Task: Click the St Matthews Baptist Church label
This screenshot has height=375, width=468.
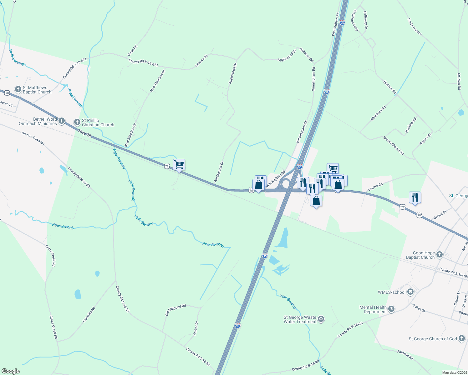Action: click(37, 90)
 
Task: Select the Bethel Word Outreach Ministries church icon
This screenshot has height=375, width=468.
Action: click(62, 121)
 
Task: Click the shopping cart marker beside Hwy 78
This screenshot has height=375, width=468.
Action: click(179, 165)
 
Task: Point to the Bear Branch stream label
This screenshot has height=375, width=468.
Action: click(63, 226)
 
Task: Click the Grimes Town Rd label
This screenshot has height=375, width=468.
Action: click(33, 138)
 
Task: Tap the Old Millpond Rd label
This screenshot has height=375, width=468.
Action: click(175, 310)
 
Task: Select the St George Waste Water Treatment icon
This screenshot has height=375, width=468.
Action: click(321, 319)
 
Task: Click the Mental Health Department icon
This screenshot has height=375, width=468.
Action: click(391, 309)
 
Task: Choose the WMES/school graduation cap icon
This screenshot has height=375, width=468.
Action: click(410, 292)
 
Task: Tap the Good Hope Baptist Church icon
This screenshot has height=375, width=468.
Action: click(439, 255)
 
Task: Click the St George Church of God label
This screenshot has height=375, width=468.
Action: click(433, 339)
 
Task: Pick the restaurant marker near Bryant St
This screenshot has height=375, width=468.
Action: click(415, 197)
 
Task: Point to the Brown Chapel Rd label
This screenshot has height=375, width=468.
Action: click(394, 145)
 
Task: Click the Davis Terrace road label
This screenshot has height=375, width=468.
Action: click(415, 27)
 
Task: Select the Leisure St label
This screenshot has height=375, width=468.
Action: click(201, 61)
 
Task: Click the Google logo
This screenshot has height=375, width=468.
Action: click(11, 371)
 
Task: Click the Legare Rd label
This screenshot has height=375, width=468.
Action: click(375, 187)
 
